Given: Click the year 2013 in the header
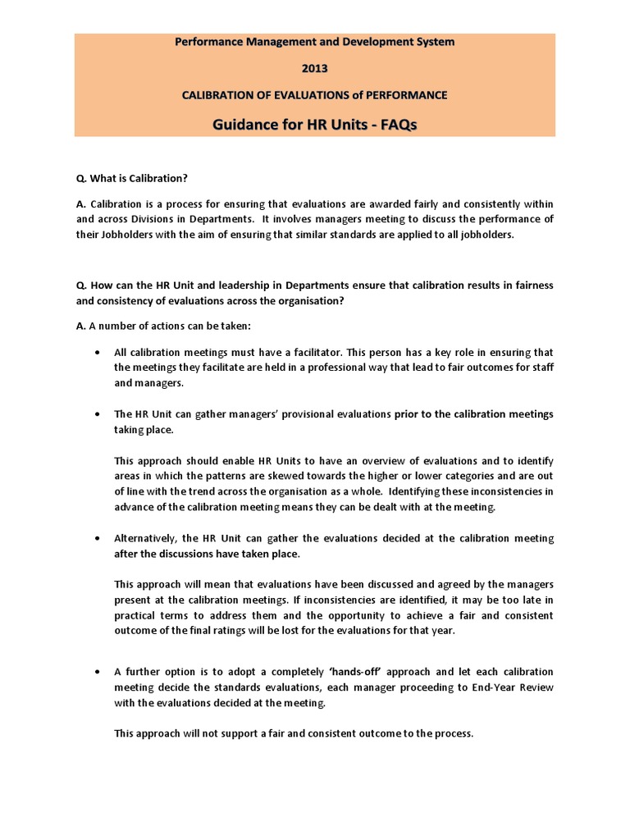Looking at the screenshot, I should click(x=314, y=68).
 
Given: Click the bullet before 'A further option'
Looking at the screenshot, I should click(x=98, y=671).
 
